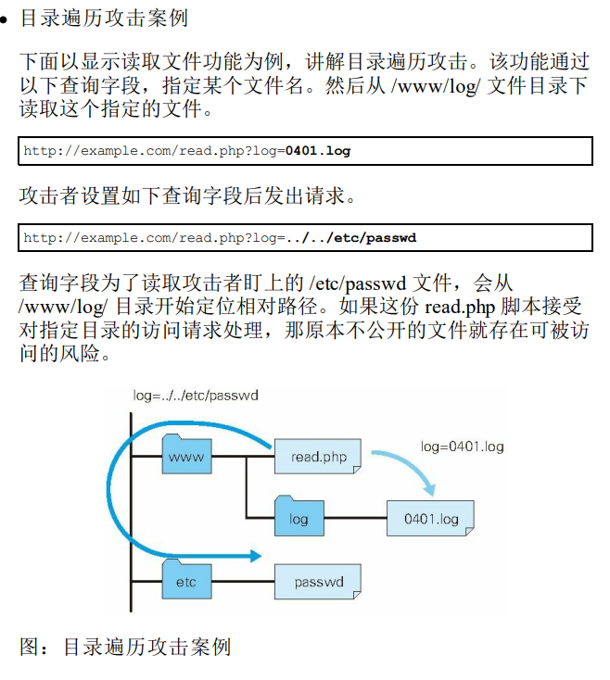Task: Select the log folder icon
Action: coord(298,516)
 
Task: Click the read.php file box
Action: coord(317,457)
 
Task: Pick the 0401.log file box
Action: coord(430,519)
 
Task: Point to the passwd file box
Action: coord(317,582)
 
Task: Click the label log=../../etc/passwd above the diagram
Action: coord(195,396)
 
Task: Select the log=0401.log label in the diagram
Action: coord(462,447)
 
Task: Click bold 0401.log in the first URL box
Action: coord(318,150)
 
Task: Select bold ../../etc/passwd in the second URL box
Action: coord(351,237)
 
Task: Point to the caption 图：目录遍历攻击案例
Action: coord(125,647)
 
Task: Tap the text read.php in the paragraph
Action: coord(455,307)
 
